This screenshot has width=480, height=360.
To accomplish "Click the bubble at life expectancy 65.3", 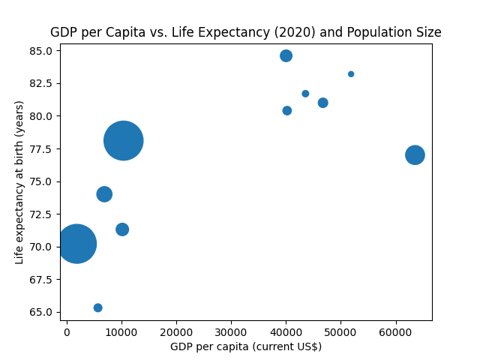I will click(x=97, y=307).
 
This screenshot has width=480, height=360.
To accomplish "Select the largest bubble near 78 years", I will click(x=124, y=140).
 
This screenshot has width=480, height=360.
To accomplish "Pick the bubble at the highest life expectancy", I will click(x=286, y=55).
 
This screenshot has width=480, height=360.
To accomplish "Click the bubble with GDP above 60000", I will click(x=415, y=154).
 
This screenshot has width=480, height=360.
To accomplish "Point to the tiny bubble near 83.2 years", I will click(x=351, y=74).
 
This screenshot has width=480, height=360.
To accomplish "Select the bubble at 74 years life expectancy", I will click(x=104, y=193).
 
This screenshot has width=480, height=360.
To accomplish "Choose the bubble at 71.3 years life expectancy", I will click(x=122, y=229).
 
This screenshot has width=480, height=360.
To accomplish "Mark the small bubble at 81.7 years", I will click(x=305, y=94).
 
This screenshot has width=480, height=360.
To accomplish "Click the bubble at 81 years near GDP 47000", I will click(x=322, y=103).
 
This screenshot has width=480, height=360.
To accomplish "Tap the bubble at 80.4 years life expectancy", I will click(x=286, y=110).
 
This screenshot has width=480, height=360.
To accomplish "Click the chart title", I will click(x=245, y=32).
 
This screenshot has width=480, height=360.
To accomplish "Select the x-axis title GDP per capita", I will click(x=245, y=346).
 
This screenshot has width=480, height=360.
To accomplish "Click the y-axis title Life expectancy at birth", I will click(x=19, y=182).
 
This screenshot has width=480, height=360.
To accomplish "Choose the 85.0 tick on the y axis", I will click(x=42, y=51).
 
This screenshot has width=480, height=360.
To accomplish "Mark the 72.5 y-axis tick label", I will click(x=42, y=214).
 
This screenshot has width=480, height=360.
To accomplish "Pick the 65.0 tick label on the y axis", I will click(x=42, y=312).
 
